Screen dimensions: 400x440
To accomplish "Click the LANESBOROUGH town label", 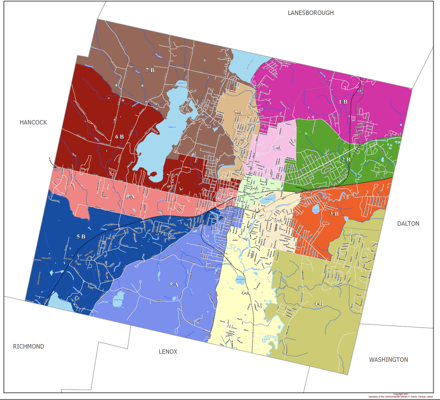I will (311, 13).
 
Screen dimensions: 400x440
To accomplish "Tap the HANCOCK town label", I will (33, 122).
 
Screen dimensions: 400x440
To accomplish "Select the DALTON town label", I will (408, 224).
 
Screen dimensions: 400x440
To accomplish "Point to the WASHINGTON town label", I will (388, 360).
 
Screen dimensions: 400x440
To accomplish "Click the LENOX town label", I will (168, 352).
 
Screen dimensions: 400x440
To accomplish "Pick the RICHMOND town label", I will (29, 346).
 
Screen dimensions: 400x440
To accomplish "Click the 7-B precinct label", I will (150, 70).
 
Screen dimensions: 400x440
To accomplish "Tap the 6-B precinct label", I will (119, 137).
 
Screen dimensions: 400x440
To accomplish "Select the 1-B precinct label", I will (343, 102).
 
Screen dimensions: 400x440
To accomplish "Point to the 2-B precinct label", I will (346, 160).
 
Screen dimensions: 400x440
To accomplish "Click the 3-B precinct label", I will (334, 214).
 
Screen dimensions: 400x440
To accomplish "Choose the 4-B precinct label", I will (318, 303).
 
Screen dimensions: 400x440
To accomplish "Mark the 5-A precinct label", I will (174, 284).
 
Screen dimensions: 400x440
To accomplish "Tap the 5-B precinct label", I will (81, 236).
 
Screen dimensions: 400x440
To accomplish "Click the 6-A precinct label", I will (130, 197).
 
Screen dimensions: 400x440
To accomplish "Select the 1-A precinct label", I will (277, 148).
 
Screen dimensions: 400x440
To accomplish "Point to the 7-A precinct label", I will (238, 113).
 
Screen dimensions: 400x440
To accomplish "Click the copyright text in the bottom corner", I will (401, 396).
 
